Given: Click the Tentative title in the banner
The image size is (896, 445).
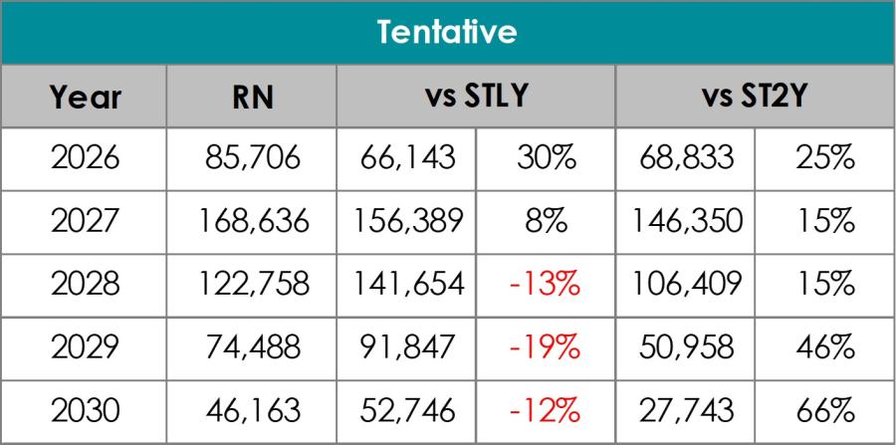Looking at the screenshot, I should [447, 34].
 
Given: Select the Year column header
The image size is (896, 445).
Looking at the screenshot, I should [86, 99].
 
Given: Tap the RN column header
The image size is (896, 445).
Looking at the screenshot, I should [252, 99].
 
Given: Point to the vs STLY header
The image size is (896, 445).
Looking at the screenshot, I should [473, 99].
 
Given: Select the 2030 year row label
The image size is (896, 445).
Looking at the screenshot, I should [86, 409].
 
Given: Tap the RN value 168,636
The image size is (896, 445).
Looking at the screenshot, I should [252, 222].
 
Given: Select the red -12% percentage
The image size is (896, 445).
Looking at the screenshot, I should [544, 409].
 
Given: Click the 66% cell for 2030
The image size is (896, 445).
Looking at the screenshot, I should [826, 409].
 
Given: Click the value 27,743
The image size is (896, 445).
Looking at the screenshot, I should [685, 409].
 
